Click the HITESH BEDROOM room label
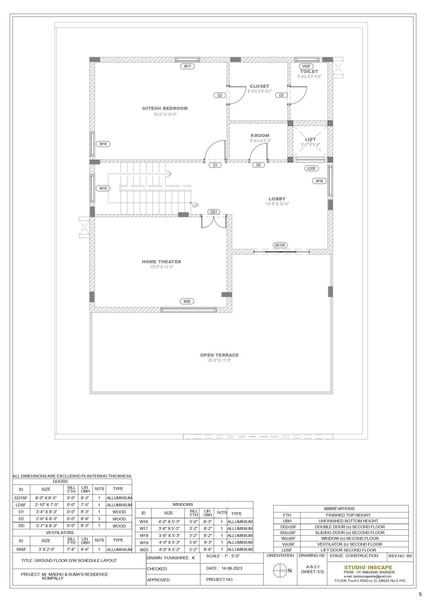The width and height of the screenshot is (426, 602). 165,108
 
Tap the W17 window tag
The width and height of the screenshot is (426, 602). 187,66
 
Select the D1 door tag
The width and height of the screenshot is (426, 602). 215,165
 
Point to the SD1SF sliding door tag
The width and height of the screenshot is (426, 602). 280,245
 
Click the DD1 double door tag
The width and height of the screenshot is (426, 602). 214,212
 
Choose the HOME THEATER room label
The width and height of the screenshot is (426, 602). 161,261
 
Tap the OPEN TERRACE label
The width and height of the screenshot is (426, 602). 219,355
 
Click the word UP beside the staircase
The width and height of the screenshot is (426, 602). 195,206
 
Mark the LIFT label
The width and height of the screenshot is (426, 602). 310,139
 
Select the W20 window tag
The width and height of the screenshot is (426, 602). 187,301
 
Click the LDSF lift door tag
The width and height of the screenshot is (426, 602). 311,168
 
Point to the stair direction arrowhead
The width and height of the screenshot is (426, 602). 170,174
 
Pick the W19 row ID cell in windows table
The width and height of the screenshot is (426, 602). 144,542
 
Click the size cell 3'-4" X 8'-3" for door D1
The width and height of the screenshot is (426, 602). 46,512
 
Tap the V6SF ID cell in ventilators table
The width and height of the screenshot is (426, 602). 21,549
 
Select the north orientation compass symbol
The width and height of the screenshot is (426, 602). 280,570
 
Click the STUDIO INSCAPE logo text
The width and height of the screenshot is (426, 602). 368,567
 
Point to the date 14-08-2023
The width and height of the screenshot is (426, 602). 232,568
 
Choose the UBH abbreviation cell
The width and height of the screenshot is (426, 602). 287,521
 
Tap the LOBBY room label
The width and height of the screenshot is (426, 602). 277,199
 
